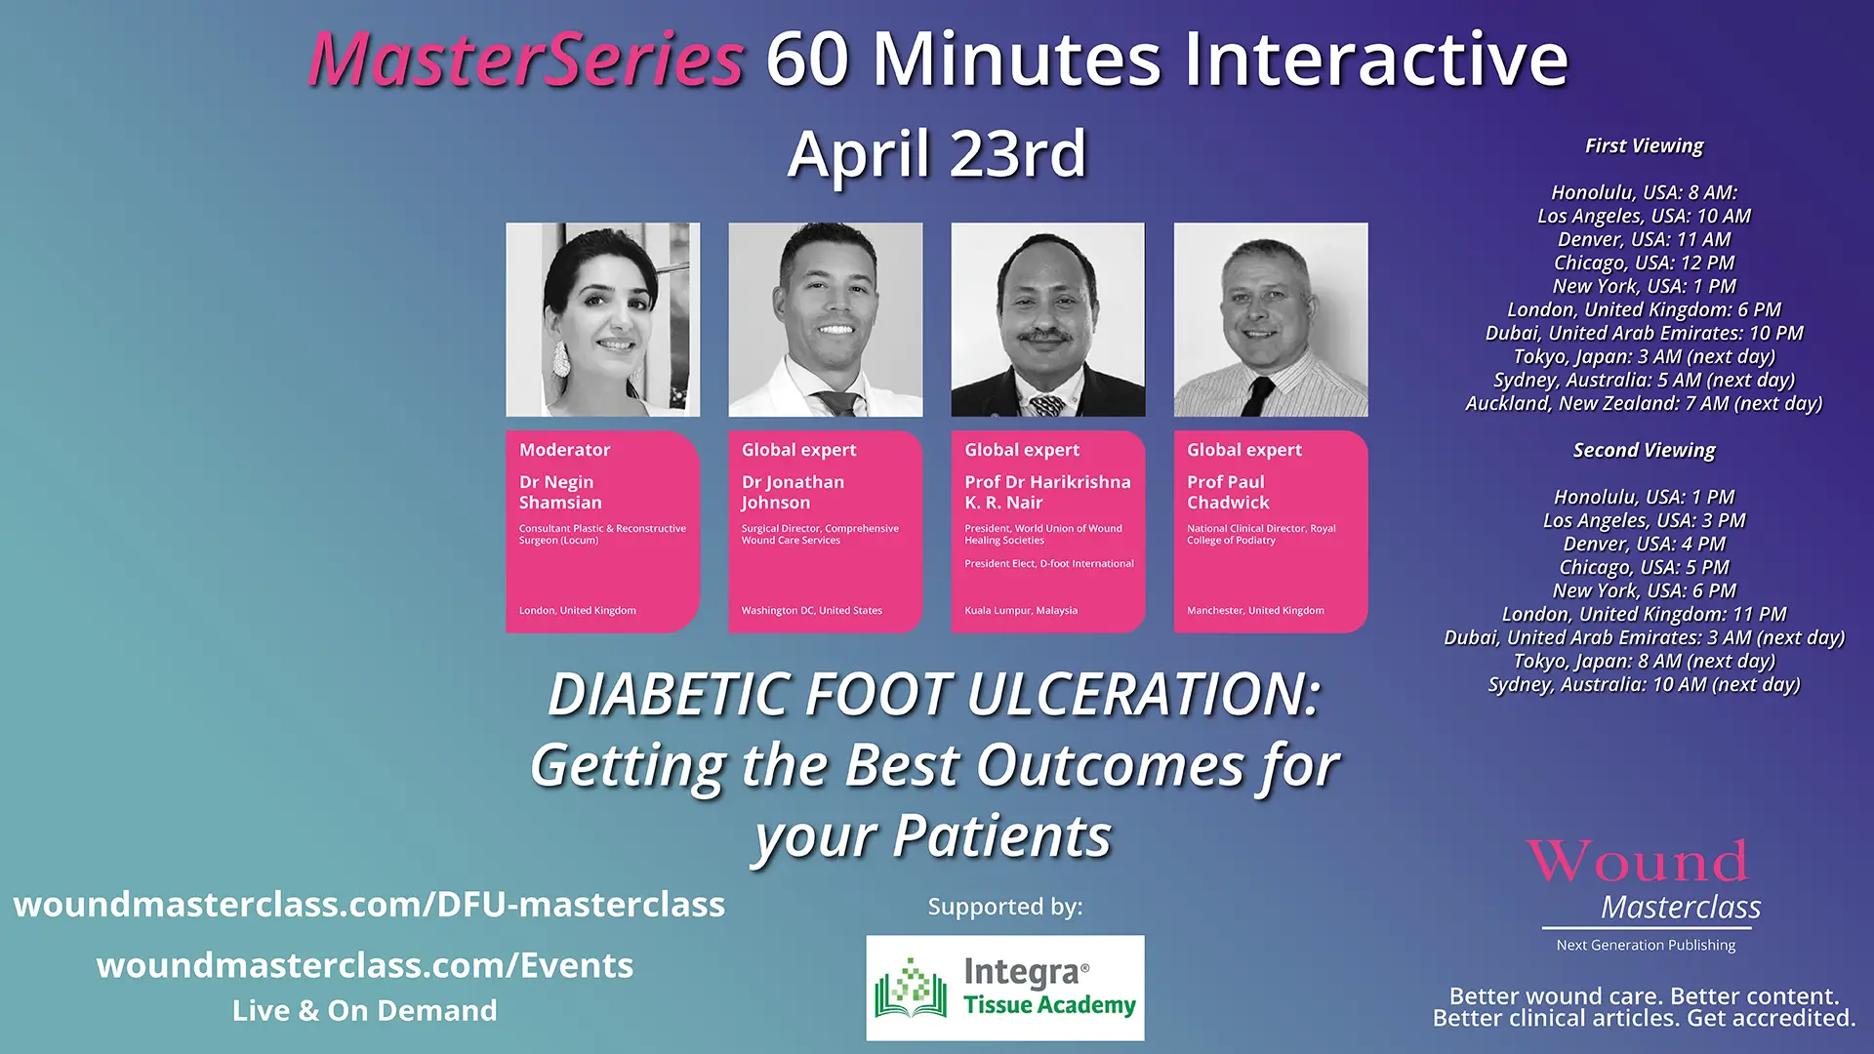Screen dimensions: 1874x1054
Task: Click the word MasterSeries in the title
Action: pyautogui.click(x=526, y=60)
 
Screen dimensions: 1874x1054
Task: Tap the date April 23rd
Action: pyautogui.click(x=937, y=154)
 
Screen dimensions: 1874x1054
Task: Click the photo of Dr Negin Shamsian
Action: pyautogui.click(x=603, y=320)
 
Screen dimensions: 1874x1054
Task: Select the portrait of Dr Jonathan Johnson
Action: pyautogui.click(x=826, y=320)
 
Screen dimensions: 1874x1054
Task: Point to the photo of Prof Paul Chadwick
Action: pyautogui.click(x=1271, y=320)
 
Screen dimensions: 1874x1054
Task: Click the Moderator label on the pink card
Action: pyautogui.click(x=564, y=450)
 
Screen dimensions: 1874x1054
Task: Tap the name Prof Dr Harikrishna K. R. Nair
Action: pyautogui.click(x=1047, y=492)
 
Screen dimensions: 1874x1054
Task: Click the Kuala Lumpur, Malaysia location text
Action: pyautogui.click(x=1021, y=611)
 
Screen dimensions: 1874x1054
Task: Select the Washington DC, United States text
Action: pyautogui.click(x=811, y=611)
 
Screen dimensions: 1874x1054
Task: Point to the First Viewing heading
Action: pyautogui.click(x=1644, y=146)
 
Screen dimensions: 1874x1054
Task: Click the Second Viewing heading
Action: pyautogui.click(x=1644, y=451)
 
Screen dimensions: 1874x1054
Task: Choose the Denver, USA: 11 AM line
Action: pyautogui.click(x=1644, y=240)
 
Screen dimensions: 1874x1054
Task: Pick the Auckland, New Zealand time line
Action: pyautogui.click(x=1644, y=404)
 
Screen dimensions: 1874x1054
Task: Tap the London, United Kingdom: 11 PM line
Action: pyautogui.click(x=1644, y=615)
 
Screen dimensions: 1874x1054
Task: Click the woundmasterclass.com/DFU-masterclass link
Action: pyautogui.click(x=369, y=905)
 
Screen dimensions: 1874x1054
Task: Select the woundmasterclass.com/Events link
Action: pyautogui.click(x=365, y=966)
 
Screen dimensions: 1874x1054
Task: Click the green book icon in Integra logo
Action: pyautogui.click(x=910, y=988)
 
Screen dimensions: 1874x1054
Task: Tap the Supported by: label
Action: pyautogui.click(x=1005, y=907)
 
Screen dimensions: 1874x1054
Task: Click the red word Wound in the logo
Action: pyautogui.click(x=1637, y=861)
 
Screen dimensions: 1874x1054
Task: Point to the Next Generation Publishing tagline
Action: pyautogui.click(x=1646, y=945)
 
